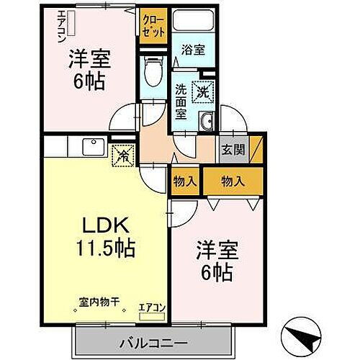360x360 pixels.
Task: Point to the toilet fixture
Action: tap(151, 71)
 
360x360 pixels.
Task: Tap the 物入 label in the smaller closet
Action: tap(185, 181)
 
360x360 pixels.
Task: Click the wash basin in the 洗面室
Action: tap(207, 120)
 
